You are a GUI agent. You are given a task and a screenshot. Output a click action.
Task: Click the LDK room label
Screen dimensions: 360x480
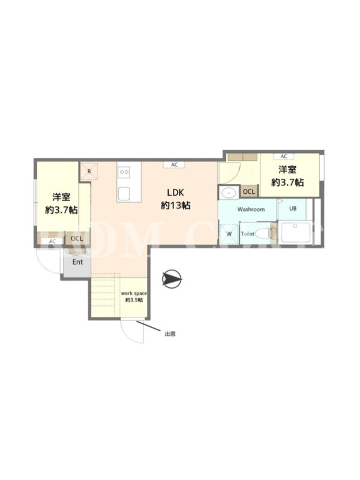(175, 193)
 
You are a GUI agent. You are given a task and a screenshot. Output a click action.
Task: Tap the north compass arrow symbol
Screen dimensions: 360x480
(172, 279)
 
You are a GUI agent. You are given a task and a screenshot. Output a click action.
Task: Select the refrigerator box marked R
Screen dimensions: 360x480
(89, 171)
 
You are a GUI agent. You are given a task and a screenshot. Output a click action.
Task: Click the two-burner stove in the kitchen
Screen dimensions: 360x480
(125, 172)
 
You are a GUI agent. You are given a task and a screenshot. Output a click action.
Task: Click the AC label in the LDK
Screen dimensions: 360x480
(174, 164)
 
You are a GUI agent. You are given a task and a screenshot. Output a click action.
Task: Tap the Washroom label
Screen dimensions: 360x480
(251, 209)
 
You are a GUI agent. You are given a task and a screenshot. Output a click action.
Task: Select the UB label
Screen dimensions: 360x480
(293, 208)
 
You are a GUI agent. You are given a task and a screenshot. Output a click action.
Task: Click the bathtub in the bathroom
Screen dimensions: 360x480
(295, 233)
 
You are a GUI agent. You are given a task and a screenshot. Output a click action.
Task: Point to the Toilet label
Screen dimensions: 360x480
(248, 234)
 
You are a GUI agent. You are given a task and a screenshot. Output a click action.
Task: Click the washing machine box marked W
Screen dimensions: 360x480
(229, 234)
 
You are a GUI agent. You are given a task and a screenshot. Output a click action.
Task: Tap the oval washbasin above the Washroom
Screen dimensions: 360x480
(229, 193)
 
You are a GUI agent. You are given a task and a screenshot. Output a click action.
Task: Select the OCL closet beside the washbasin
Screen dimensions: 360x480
(249, 191)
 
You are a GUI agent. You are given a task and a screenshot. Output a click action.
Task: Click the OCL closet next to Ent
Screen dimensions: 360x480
(77, 238)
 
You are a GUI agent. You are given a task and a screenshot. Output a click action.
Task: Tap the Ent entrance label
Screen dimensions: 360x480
(77, 262)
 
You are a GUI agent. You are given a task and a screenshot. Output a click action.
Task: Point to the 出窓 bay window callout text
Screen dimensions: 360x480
(170, 334)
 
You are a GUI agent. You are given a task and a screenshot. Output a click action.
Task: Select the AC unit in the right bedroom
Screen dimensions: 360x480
(284, 157)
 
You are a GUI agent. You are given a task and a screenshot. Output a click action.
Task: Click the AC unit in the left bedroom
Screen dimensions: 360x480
(53, 241)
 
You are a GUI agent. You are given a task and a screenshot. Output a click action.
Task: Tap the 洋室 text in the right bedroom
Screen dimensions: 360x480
(287, 170)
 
